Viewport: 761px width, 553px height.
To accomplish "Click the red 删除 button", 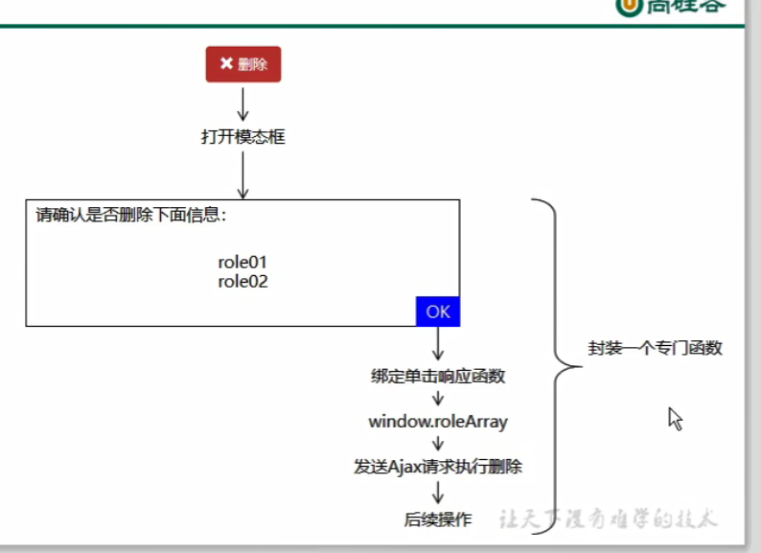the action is pos(243,64).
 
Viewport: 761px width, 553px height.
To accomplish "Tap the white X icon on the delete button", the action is pos(226,64).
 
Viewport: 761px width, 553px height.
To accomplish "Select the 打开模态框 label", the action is pos(243,137).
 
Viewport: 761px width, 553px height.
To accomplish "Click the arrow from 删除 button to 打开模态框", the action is pos(243,104).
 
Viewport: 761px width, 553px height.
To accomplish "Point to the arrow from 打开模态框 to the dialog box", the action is pos(243,173).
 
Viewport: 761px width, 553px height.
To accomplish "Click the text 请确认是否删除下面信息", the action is pos(130,215).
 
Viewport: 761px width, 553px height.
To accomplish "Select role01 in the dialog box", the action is pos(242,263).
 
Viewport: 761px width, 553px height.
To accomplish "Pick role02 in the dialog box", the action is pos(242,281).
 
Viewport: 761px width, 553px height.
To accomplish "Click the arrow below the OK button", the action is pos(438,343).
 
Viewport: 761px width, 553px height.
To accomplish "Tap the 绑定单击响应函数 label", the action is pos(438,376).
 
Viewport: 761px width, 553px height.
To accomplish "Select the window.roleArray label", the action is pos(438,422).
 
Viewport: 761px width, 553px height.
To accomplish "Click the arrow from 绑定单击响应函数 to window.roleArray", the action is pos(438,399).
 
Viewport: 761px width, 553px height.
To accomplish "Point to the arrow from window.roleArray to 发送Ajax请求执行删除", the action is pos(438,443).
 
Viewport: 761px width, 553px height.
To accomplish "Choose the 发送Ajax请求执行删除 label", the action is pos(438,467).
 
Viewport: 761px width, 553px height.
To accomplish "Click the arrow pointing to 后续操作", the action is pos(438,493).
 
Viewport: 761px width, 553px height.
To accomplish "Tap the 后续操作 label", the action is pos(438,519).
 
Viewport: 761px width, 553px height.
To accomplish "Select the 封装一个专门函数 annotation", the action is pos(655,349).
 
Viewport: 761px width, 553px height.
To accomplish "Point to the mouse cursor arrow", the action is pos(675,418).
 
